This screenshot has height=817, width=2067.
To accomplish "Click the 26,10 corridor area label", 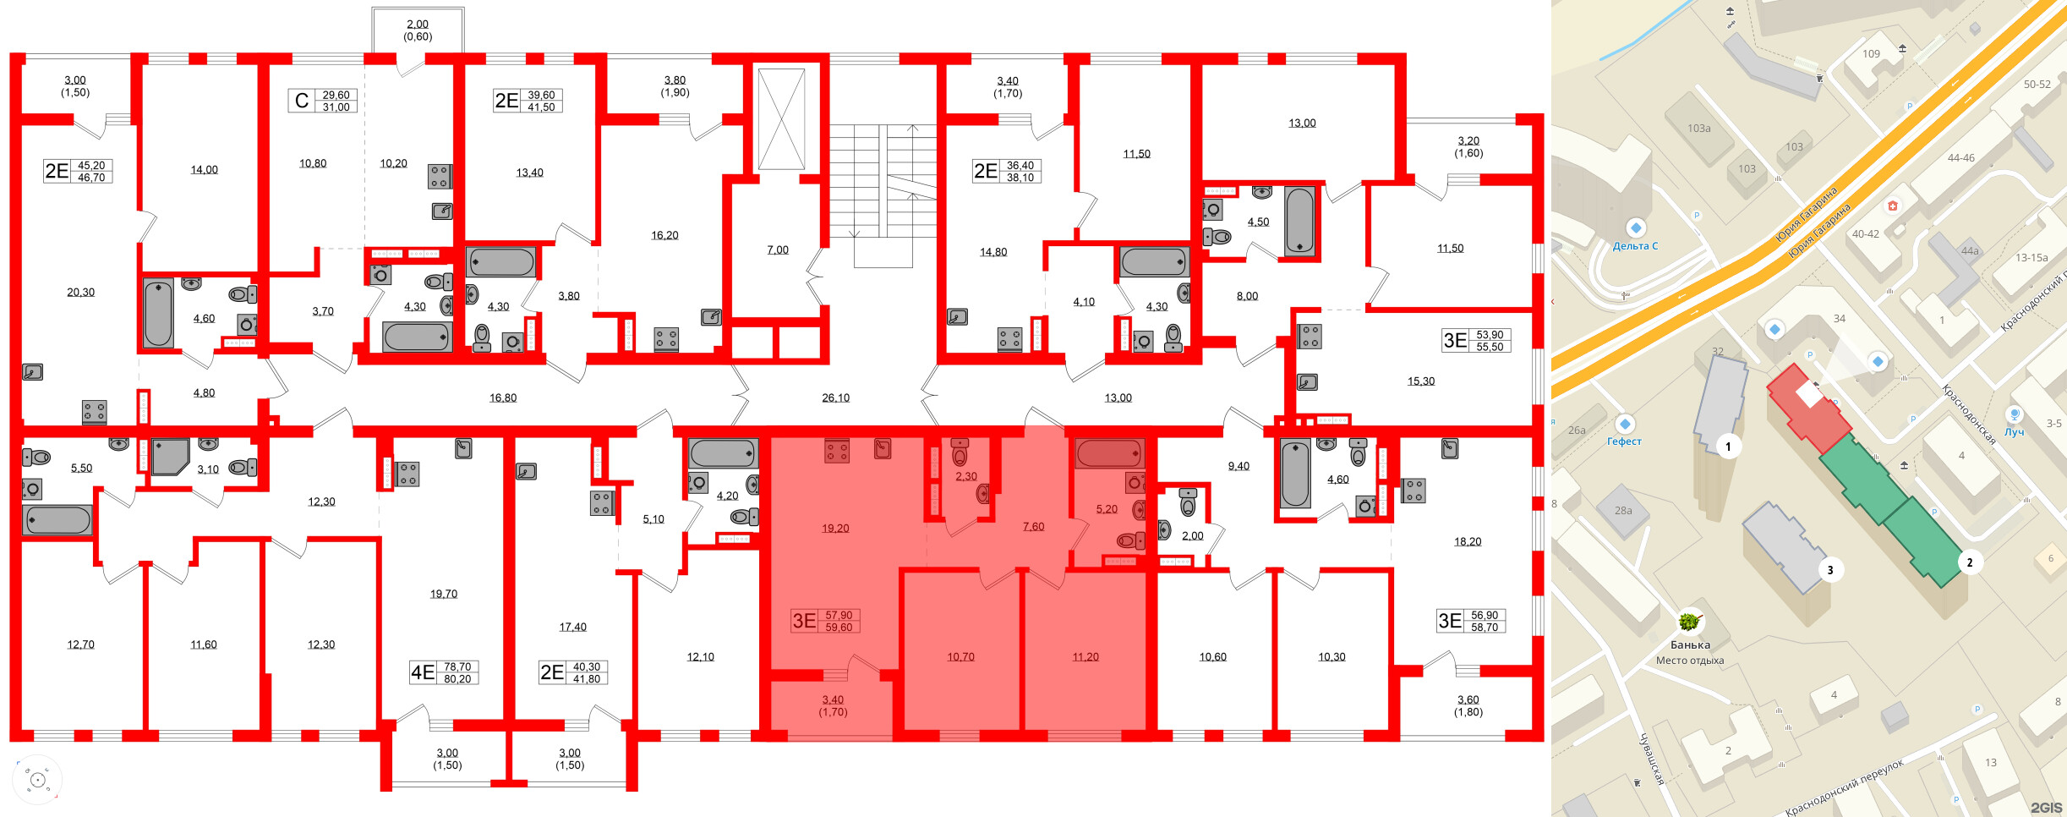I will point(835,398).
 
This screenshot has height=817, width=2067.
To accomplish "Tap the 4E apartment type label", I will point(422,672).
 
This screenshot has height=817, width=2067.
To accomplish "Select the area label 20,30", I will point(81,292).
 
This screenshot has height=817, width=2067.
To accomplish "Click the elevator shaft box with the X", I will point(781,119).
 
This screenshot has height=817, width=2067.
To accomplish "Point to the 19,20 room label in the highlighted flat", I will point(835,528).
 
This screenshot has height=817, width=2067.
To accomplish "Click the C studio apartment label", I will point(301,101).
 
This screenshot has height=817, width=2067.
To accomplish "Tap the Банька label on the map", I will point(1690,644).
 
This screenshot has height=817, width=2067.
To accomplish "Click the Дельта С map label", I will point(1635,246).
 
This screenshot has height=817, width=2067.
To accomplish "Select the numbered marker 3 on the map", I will point(1830,570).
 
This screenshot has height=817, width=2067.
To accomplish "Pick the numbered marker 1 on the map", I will point(1728,447).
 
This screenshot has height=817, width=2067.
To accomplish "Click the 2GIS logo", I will point(2046,808).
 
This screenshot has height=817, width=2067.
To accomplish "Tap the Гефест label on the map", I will point(1624,441).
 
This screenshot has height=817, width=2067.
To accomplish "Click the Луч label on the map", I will point(2015,431).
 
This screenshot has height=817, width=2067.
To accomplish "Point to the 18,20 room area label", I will point(1468,541).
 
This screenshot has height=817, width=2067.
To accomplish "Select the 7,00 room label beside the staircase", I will point(778,249).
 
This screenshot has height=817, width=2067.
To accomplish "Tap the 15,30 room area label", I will point(1421,381).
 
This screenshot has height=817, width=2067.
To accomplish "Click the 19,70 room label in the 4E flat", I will point(444,594).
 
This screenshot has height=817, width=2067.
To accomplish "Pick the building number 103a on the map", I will point(1698,129).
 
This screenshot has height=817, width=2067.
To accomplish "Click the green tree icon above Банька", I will point(1689,622).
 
